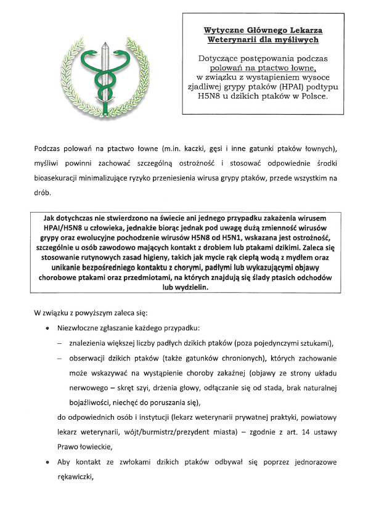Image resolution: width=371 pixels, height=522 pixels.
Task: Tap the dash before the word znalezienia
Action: pyautogui.click(x=60, y=343)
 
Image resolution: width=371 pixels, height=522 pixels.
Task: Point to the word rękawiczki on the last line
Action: pyautogui.click(x=78, y=476)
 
